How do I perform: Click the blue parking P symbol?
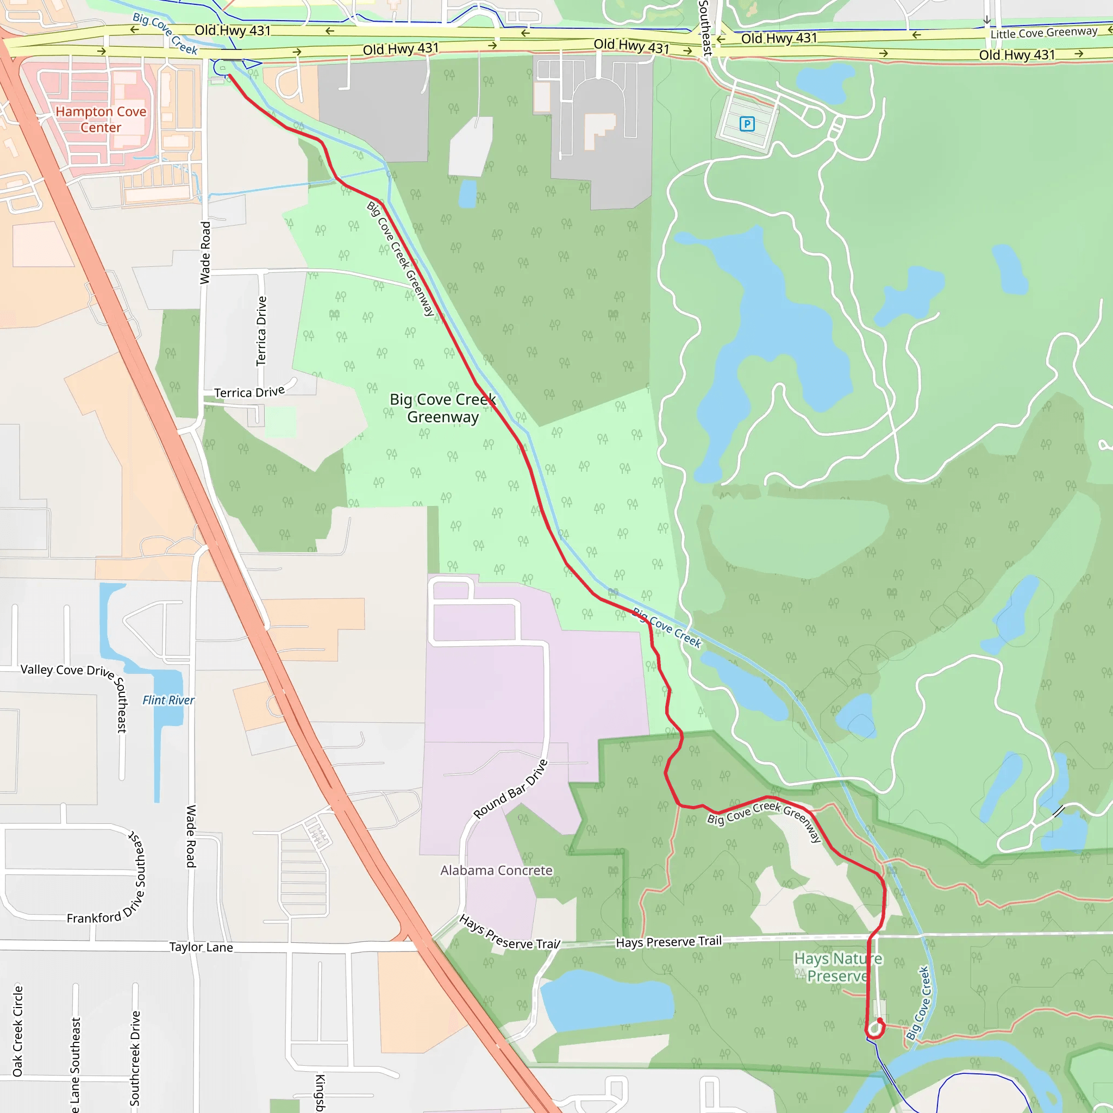(x=747, y=124)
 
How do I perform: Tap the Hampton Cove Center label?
(x=101, y=119)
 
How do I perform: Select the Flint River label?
(x=168, y=700)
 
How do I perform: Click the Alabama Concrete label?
(x=496, y=871)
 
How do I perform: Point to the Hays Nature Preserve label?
(x=837, y=967)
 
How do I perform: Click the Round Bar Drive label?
(x=510, y=789)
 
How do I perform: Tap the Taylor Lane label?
(x=201, y=947)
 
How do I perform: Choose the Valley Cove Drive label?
(x=67, y=670)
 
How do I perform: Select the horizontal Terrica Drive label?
(x=249, y=392)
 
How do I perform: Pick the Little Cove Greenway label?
(x=1043, y=33)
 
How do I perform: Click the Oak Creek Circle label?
(x=18, y=1031)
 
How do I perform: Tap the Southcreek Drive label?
(x=135, y=1058)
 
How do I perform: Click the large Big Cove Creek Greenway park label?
(x=442, y=408)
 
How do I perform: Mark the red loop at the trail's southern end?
(x=875, y=1029)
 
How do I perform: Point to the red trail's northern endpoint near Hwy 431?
(x=230, y=76)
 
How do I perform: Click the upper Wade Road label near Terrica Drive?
(x=205, y=252)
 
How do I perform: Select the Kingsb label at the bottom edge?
(x=320, y=1092)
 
